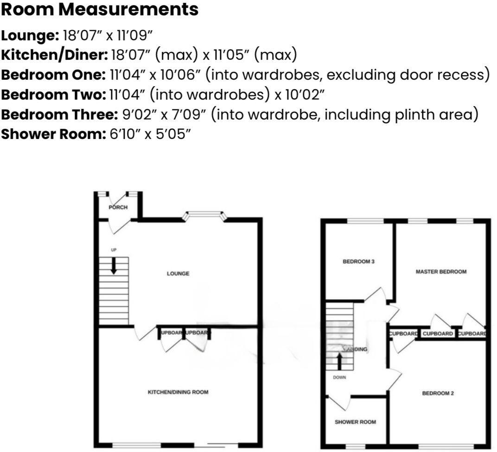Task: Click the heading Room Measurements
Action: [x=100, y=10]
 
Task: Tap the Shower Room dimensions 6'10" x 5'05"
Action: [x=150, y=134]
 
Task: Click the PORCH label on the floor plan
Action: [x=118, y=207]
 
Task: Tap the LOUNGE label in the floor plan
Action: [x=178, y=274]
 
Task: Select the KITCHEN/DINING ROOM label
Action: [x=178, y=392]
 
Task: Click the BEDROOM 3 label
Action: [x=358, y=262]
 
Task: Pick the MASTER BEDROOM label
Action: [x=441, y=272]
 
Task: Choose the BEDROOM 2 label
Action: [x=438, y=394]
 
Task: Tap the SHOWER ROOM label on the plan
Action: [x=355, y=422]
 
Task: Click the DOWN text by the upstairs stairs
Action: [x=339, y=377]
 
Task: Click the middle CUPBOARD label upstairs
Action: [x=438, y=334]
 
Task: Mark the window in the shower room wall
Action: [x=356, y=446]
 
